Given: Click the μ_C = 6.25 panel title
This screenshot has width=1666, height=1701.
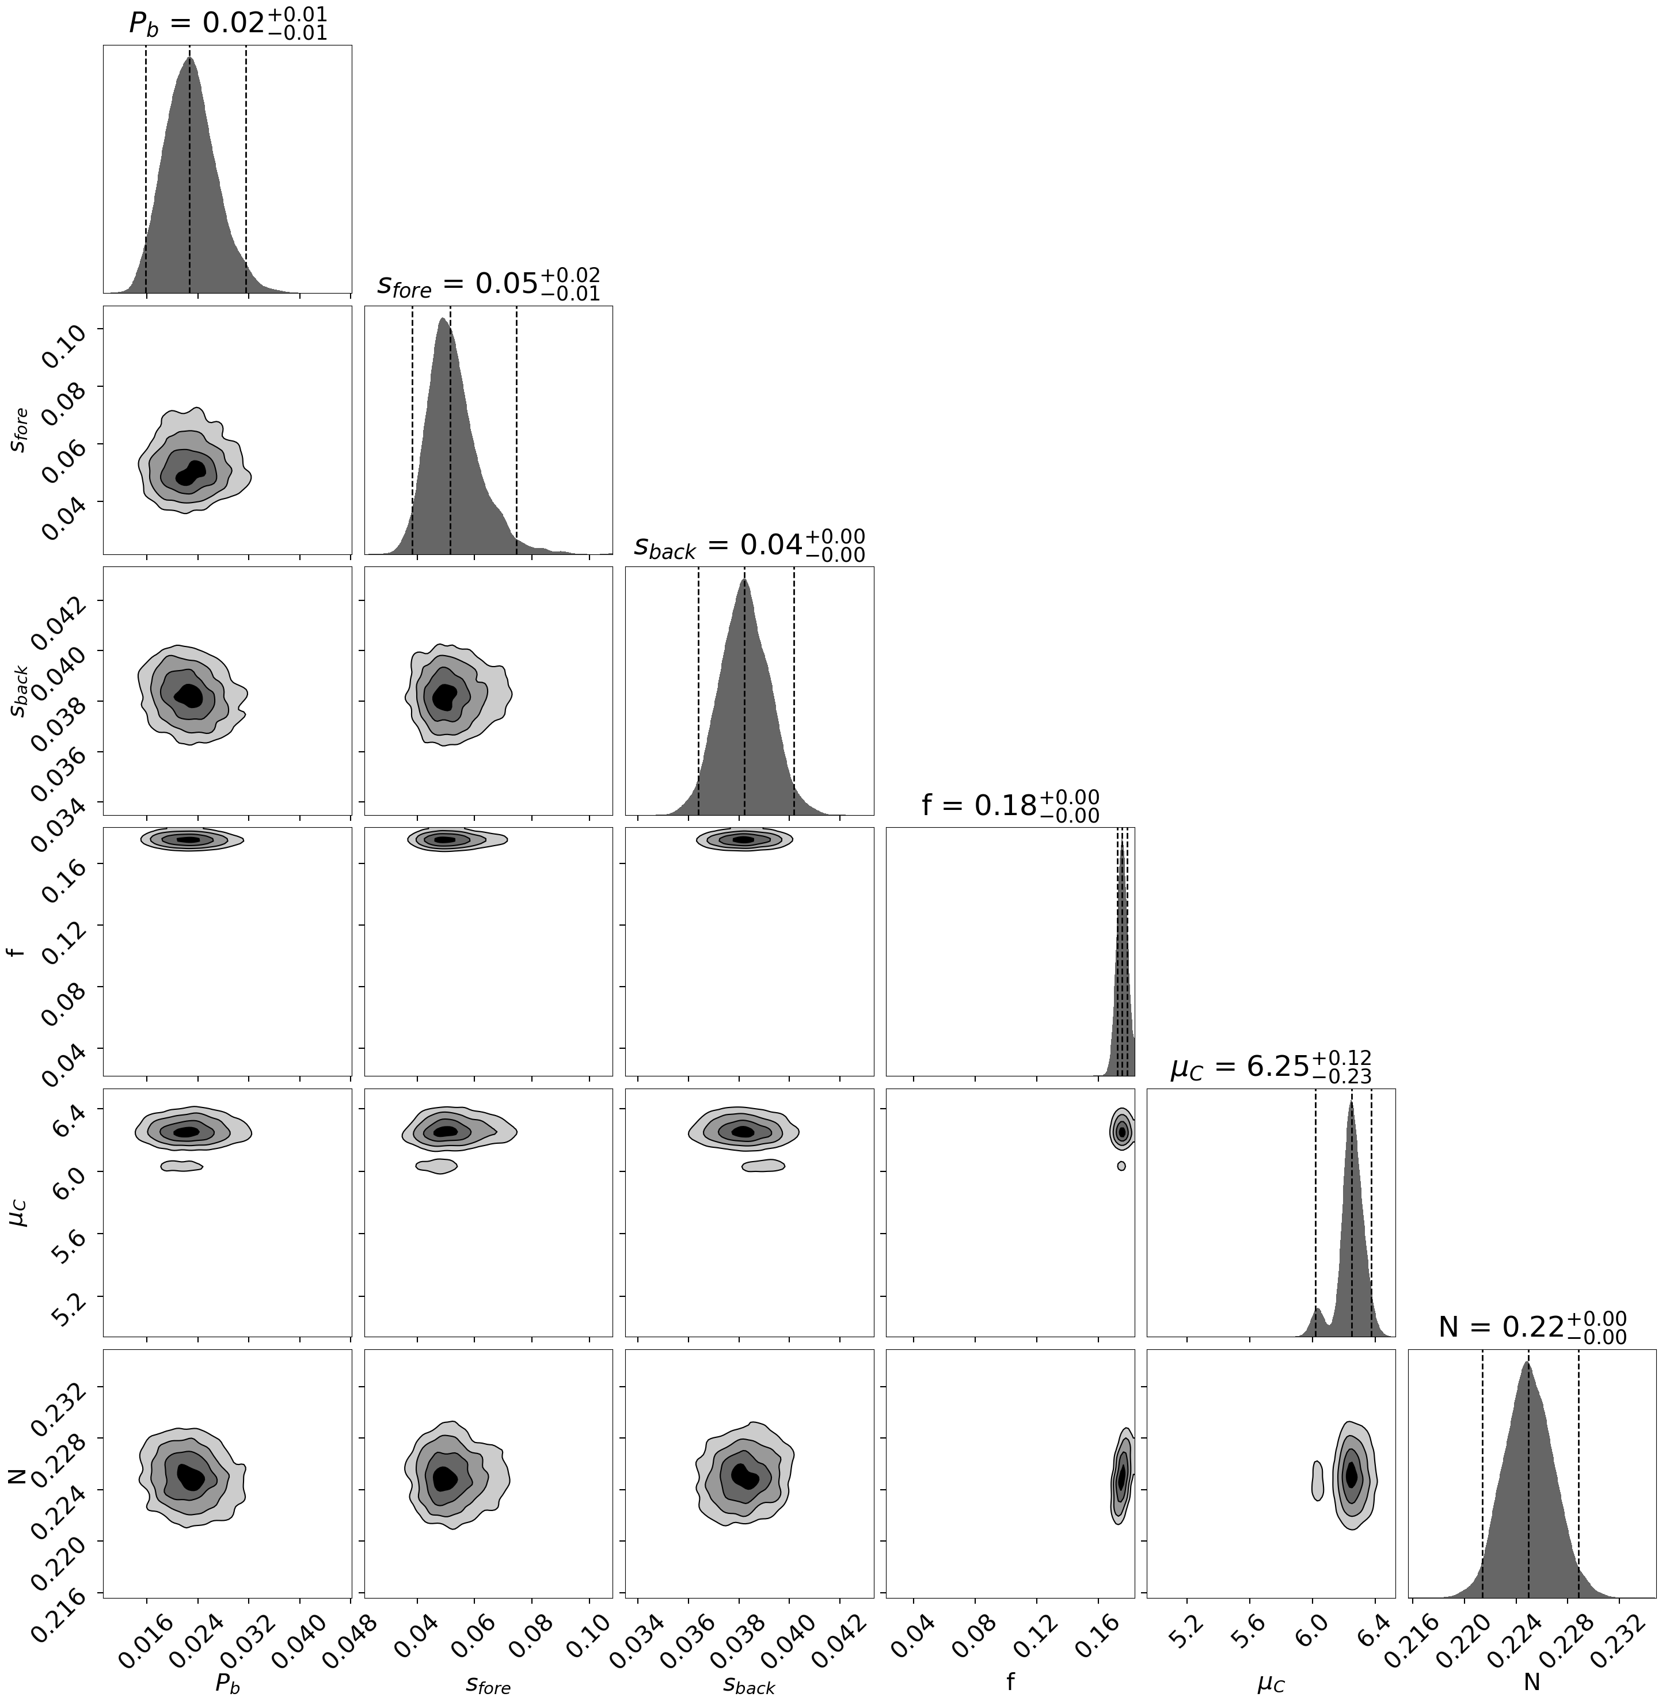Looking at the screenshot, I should (1271, 1067).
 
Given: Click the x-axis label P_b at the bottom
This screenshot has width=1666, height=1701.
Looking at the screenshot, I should (227, 1682).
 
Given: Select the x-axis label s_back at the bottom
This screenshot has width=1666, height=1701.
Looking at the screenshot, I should (749, 1682).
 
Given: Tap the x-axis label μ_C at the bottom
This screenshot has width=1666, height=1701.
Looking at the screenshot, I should (1271, 1682).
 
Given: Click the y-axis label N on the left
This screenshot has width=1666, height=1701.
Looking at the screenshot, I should (16, 1472).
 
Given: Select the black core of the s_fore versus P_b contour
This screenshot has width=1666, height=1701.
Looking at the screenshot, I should (191, 473).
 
